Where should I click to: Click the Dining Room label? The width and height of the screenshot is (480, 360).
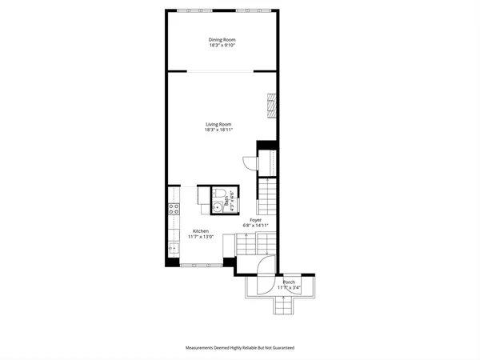(222, 39)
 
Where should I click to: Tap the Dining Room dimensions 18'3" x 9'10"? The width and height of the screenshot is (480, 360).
(222, 45)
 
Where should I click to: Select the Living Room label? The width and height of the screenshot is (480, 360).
(218, 124)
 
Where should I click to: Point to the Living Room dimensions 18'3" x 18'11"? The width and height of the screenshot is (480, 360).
(218, 130)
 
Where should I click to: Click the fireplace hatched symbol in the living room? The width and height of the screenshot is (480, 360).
(271, 106)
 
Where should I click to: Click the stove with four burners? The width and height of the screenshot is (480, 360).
(173, 210)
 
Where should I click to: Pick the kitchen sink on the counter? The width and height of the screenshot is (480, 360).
(172, 246)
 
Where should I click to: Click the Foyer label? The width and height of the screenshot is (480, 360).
(255, 219)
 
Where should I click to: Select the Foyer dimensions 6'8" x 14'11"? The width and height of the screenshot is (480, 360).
(255, 225)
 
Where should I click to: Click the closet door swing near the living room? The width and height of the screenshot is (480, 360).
(250, 163)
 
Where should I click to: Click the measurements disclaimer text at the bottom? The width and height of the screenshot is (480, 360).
(240, 348)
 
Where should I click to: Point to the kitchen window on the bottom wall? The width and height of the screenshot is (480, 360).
(200, 264)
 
